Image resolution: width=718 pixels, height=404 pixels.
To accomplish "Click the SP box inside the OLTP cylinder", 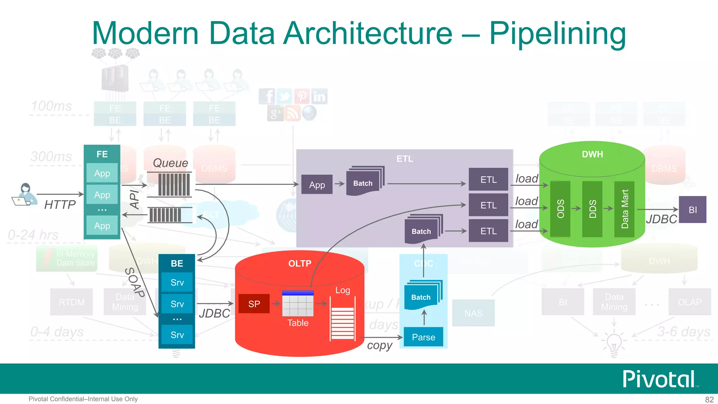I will click(254, 304).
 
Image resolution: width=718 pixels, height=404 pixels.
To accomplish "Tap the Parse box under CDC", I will click(423, 337).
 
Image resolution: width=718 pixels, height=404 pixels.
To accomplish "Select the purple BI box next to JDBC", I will click(692, 210).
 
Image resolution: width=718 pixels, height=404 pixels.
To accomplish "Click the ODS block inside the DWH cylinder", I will click(560, 209).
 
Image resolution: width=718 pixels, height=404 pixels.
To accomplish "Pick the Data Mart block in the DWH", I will click(624, 209).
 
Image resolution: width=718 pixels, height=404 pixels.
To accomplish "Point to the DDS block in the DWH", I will click(592, 209).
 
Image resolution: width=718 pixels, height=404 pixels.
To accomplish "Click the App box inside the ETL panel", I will click(317, 185).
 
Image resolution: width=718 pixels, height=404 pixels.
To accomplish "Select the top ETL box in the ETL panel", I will click(488, 180).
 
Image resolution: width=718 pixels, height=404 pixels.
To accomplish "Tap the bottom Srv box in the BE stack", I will click(177, 335).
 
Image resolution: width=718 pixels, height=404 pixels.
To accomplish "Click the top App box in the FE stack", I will click(102, 173).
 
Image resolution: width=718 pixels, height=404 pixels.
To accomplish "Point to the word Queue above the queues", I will click(170, 163).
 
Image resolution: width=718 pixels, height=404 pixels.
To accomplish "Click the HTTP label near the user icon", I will click(60, 204).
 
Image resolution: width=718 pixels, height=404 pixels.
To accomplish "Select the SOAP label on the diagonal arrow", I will click(135, 282).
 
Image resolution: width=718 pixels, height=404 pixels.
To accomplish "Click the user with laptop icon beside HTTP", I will click(25, 194).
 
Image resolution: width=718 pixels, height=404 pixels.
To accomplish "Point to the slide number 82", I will click(709, 399).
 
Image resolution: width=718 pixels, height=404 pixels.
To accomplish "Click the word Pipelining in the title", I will click(557, 34).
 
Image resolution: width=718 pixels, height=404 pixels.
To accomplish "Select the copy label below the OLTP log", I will click(379, 345).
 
